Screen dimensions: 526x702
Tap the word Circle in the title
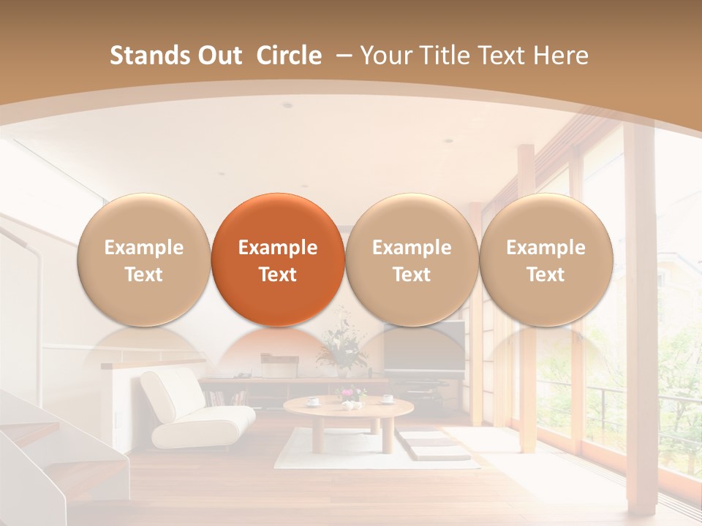[x=289, y=56]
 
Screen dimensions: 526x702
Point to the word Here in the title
[x=562, y=56]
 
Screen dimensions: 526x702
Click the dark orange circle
[x=278, y=260]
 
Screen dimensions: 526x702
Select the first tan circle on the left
[x=144, y=260]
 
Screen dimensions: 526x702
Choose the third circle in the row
[x=412, y=260]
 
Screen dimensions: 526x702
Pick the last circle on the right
[x=546, y=260]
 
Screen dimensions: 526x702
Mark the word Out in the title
[x=218, y=56]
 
